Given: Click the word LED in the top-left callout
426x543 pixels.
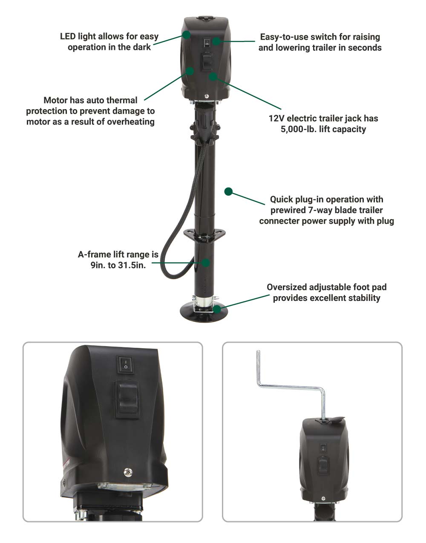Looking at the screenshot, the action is pos(68,37).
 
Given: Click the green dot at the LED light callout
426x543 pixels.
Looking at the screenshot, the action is pos(186,35).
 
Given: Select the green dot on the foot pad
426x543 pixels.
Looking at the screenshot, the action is pos(217,309).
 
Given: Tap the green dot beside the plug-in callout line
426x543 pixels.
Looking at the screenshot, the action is pos(228,192).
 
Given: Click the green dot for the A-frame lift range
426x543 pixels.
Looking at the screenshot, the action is pos(205,263).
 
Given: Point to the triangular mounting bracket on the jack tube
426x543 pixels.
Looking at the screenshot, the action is pos(204,235).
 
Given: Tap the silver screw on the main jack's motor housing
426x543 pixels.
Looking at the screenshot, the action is pos(206,96).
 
